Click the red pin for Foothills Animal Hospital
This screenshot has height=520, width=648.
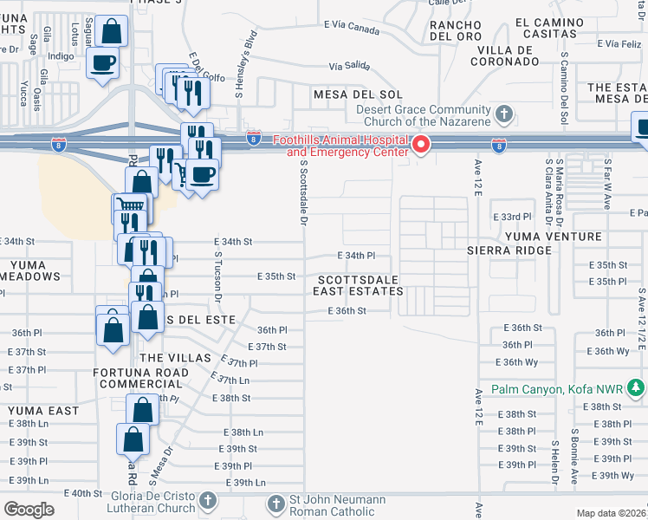pos(422,144)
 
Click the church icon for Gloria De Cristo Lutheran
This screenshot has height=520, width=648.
pos(208,501)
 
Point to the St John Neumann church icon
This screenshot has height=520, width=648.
pos(275,504)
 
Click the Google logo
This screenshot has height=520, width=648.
pos(29,509)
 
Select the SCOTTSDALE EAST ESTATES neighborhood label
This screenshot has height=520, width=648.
pos(360,286)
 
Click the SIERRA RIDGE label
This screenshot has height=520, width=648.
pos(509,250)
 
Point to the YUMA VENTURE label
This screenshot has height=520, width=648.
pos(535,237)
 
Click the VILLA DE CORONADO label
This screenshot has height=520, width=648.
pos(515,56)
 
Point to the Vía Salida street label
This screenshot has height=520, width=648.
pos(348,66)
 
